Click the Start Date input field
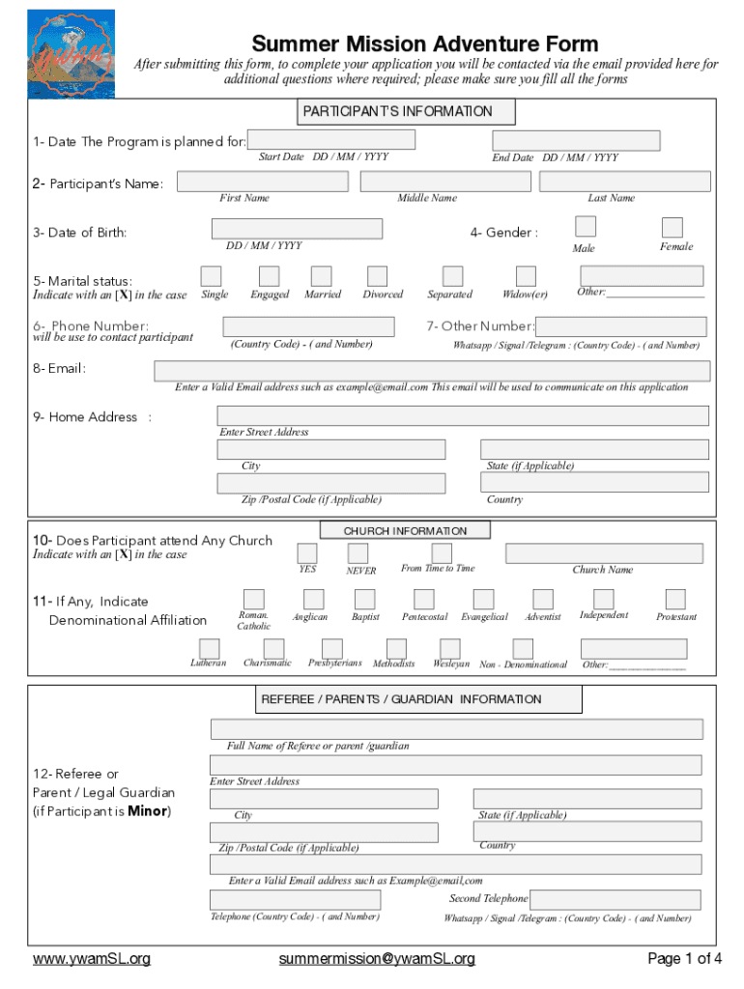click(331, 140)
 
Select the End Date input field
click(576, 141)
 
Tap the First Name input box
click(257, 182)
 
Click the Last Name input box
click(624, 182)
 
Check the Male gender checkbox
click(585, 226)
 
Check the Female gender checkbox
click(672, 227)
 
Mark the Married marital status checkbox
click(322, 276)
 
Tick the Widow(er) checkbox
click(526, 276)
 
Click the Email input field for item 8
click(432, 371)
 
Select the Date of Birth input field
click(298, 229)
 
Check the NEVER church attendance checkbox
click(358, 553)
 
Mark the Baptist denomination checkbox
click(365, 599)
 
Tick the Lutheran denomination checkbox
click(209, 648)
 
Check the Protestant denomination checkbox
click(675, 599)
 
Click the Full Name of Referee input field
click(456, 728)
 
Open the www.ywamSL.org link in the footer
click(92, 959)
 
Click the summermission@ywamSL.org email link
click(377, 959)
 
